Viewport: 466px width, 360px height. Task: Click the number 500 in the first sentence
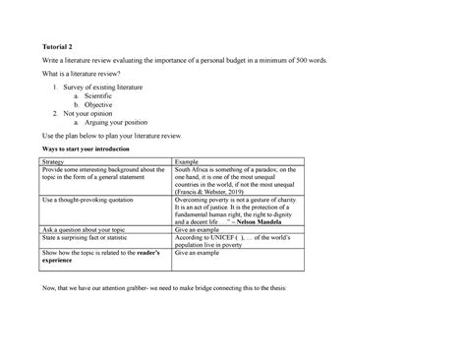(x=299, y=61)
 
